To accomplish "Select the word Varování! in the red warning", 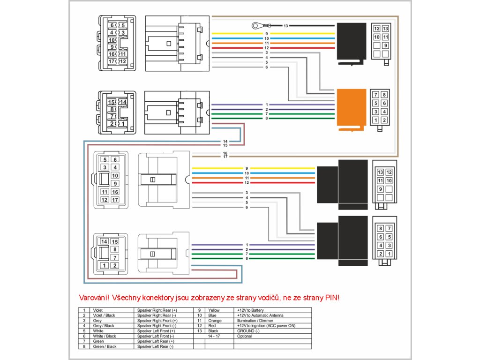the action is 94,298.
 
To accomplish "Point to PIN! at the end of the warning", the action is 332,298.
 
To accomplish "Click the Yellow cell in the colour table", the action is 214,310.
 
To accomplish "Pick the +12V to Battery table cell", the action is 250,310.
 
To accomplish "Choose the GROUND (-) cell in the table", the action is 248,331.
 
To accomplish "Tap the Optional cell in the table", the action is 244,336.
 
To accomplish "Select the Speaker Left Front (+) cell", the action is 156,331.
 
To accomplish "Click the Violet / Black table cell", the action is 104,315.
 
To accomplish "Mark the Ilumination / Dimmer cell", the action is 255,321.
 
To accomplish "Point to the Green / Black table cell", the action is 105,346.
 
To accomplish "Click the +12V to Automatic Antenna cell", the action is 260,315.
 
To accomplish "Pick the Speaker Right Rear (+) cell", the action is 157,310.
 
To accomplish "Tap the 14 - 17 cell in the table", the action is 214,336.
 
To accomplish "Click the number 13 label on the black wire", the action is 285,26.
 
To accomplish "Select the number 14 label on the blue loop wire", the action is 225,142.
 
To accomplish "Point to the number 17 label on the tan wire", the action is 225,157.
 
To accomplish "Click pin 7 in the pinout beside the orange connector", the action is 375,95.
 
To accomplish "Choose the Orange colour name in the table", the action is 215,321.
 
